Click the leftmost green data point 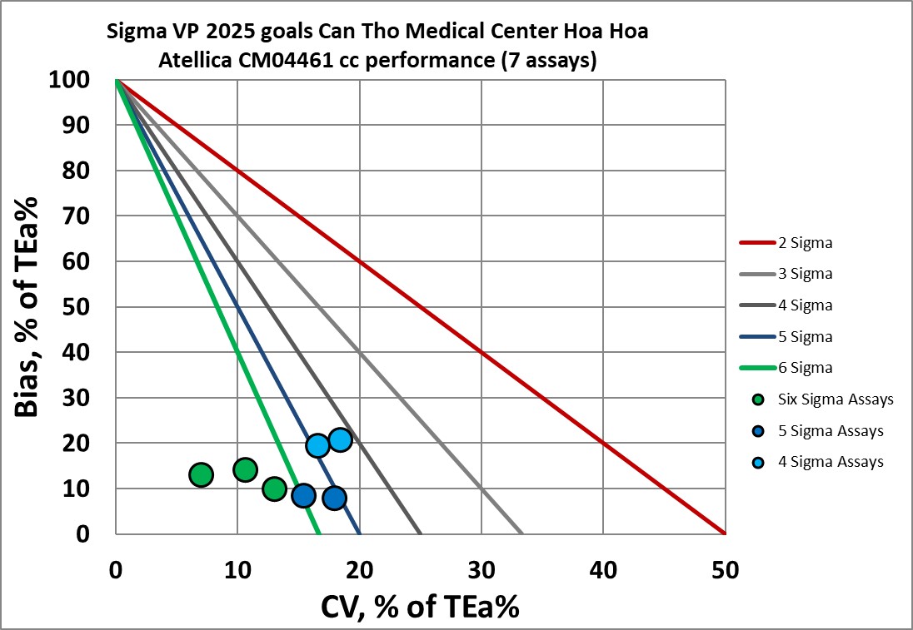202,474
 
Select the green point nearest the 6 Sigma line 275,489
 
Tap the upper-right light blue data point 340,439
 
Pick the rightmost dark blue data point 334,498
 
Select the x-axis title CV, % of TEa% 420,607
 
